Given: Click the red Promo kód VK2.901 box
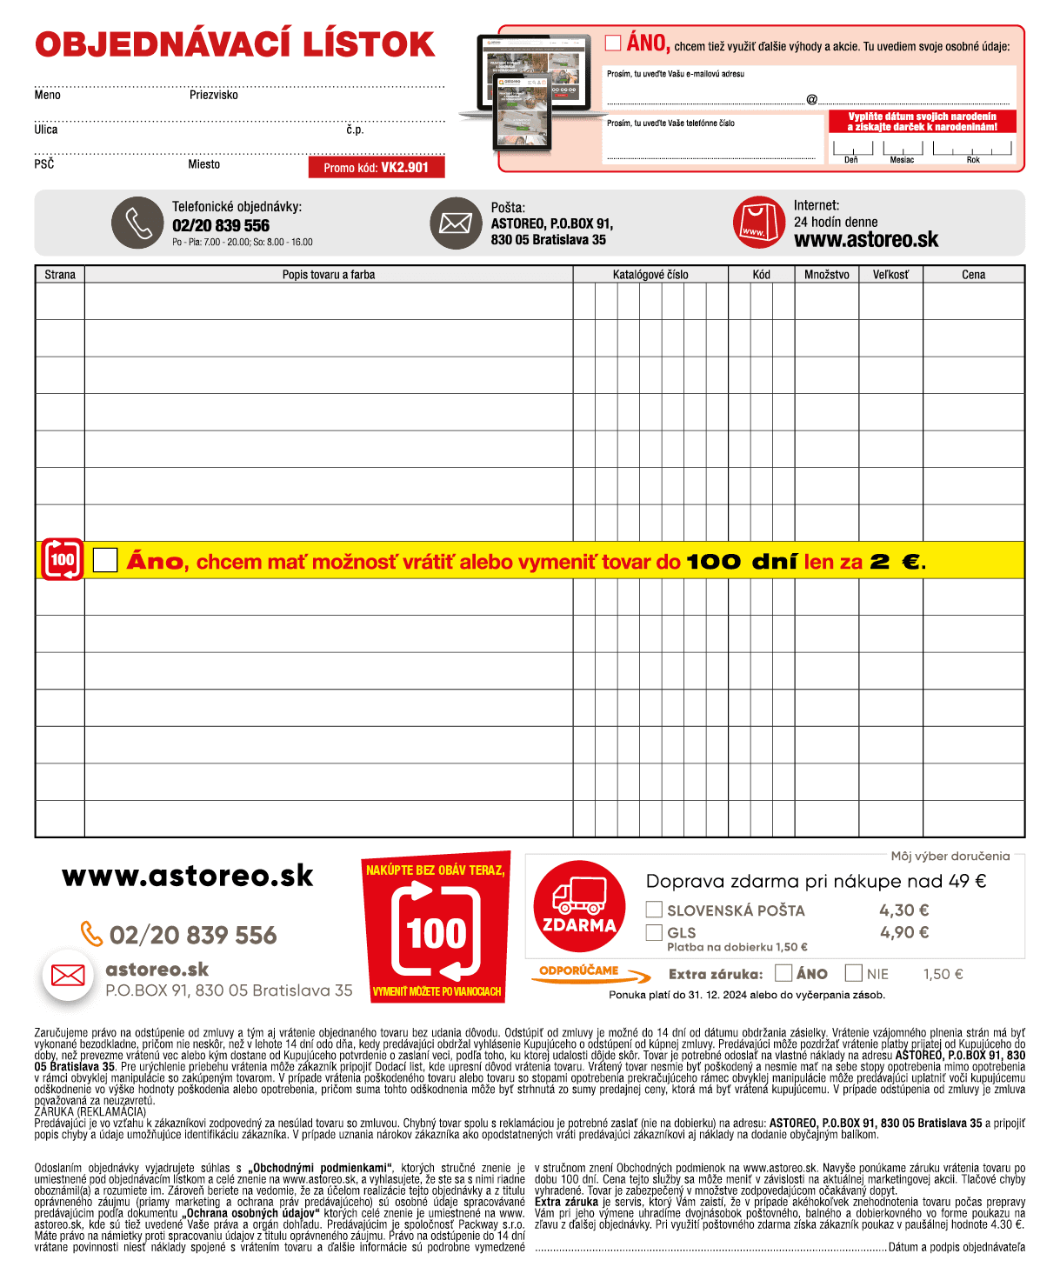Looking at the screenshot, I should pos(377,167).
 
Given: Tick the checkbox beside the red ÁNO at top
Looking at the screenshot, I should pos(613,43).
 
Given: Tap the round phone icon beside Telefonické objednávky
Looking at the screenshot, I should pos(137,223).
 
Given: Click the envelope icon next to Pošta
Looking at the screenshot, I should pos(456,223).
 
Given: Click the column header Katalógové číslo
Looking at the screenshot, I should pos(650,275).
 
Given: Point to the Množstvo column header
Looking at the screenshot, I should pos(826,275).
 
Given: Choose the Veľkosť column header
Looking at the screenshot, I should pos(890,275).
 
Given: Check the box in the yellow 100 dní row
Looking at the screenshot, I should pos(105,560).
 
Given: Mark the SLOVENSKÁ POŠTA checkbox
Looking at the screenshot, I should pos(654,910).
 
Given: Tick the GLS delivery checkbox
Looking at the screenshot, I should pos(654,932).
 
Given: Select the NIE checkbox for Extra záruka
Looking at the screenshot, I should pos(854,973).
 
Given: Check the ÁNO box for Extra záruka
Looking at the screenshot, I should pos(783,973).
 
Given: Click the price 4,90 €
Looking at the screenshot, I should pos(903,932).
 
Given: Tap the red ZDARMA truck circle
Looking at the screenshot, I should pos(579,906).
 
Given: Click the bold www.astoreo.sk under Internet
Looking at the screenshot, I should pos(866,240).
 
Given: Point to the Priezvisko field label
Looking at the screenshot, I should pos(214,95).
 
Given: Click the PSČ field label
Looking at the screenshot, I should pos(44,164).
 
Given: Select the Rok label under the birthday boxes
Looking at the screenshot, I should pos(973,160).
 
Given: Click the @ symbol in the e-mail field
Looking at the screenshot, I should pos(811,99).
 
